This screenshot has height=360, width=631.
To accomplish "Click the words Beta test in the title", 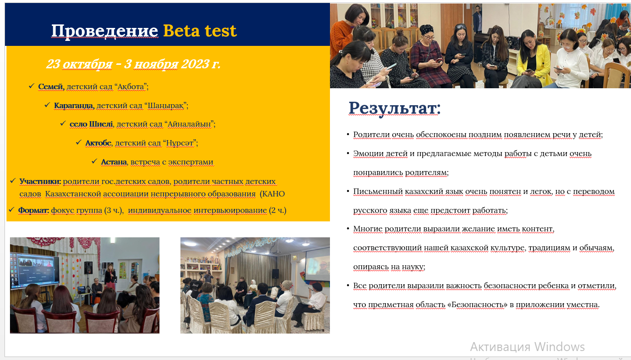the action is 200,30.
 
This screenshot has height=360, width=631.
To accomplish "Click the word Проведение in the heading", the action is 105,31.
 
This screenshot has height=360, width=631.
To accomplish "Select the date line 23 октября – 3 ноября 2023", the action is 133,64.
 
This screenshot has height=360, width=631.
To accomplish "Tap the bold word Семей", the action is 51,87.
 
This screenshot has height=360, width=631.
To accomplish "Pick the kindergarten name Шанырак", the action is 165,105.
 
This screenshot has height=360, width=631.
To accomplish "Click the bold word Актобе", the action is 98,143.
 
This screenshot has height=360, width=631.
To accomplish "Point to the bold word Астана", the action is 114,162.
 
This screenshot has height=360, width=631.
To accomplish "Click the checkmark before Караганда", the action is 47,105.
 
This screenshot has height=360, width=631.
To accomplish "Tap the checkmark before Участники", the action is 12,180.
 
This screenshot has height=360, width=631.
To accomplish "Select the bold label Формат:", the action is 33,210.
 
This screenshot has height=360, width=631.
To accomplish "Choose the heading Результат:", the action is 394,108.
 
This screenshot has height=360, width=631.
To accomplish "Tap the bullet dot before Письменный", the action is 348,191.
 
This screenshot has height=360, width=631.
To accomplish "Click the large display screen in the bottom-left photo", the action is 35,270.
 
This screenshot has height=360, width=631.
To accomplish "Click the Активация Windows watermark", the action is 527,347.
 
